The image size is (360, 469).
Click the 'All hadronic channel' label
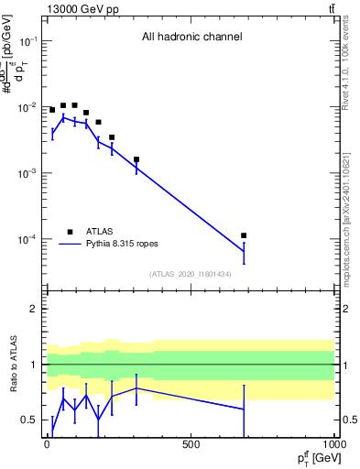click(191, 38)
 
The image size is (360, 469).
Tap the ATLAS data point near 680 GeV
click(244, 235)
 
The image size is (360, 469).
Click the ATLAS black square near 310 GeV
click(136, 159)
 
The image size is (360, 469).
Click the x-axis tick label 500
click(191, 444)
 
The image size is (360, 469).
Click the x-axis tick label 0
click(47, 444)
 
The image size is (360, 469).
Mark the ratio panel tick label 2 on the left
click(33, 309)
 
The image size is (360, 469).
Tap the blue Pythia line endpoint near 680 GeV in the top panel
click(244, 251)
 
